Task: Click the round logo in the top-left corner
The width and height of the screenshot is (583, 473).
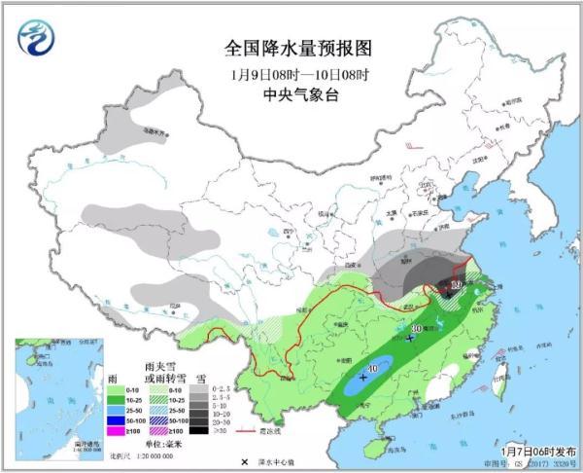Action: [x=37, y=36]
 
